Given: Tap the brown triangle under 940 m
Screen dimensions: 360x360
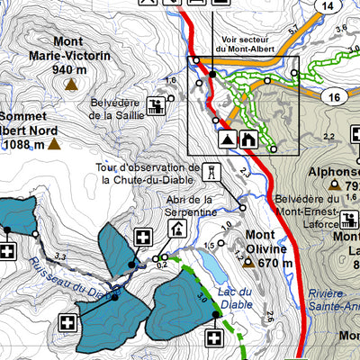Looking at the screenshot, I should (69, 85).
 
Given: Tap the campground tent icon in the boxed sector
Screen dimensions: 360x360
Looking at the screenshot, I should (227, 139).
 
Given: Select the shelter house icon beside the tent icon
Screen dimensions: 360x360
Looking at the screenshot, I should (249, 139).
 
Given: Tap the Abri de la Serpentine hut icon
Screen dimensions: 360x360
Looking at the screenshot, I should (176, 229).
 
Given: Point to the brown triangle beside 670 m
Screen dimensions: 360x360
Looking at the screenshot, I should (249, 263).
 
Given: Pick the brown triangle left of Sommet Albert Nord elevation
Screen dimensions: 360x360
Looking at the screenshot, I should (54, 143).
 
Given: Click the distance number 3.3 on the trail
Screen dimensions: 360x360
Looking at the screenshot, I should (61, 257).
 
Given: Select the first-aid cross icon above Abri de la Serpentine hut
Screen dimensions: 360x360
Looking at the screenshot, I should (142, 238).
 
